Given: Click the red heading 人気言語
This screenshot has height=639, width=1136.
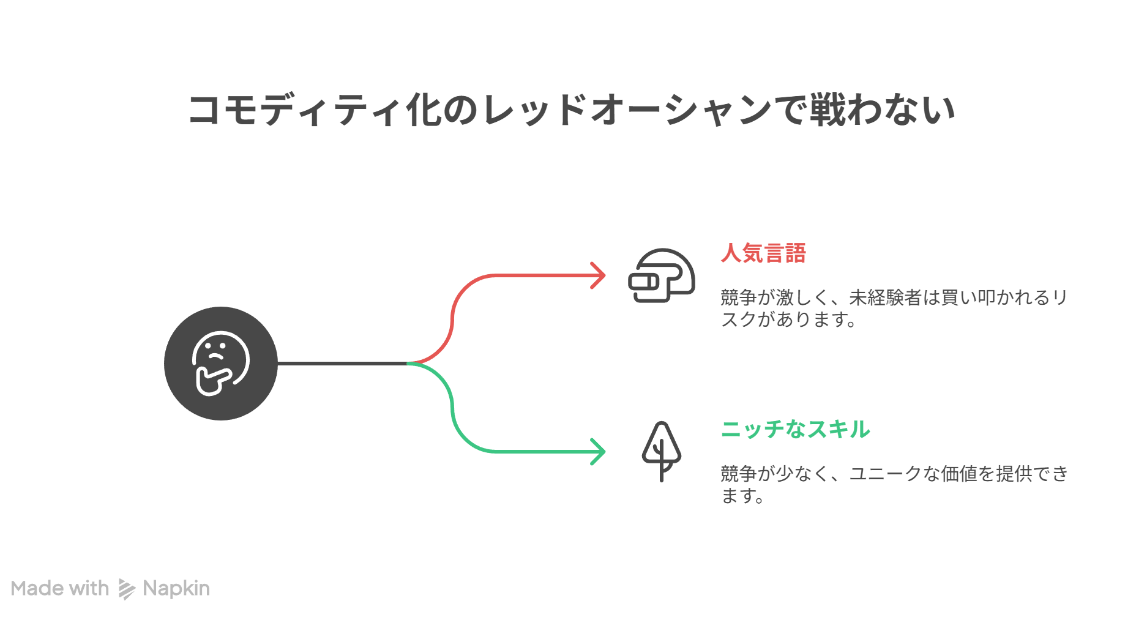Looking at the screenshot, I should pos(763,253).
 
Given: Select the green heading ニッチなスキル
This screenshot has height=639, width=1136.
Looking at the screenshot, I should pos(795,429).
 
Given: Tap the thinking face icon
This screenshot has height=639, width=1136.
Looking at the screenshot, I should pos(221,364).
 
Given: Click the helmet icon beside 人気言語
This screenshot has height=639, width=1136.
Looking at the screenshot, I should pos(662,275).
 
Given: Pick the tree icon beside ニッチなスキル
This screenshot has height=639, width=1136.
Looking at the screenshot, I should pos(661,451).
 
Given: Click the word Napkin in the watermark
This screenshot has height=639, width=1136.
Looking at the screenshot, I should pos(176,588).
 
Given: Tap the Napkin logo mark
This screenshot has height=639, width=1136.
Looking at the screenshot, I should pos(126,589).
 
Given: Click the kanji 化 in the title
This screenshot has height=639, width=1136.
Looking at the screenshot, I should pos(423,110).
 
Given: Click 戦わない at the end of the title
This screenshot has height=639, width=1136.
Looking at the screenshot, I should pos(881,110).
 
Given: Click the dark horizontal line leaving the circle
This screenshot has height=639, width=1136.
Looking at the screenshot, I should pos(343,364).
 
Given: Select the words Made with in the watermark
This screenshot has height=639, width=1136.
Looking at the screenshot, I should pos(60,588).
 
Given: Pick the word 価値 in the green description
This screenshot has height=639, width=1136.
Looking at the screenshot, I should pos(958,474).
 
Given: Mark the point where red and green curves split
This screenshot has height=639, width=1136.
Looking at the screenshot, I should pos(409,364).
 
